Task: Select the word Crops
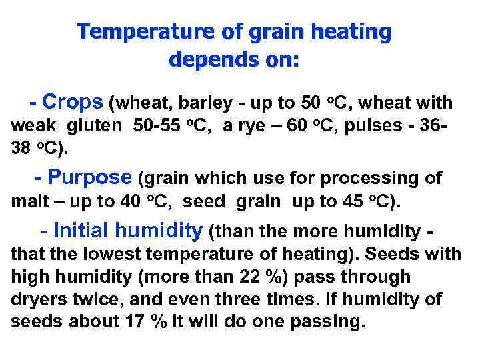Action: click(x=73, y=102)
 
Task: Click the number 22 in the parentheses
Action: click(x=260, y=277)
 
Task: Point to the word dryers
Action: click(x=36, y=299)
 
